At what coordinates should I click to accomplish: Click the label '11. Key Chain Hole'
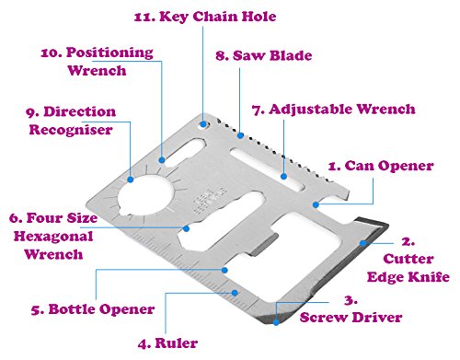205,17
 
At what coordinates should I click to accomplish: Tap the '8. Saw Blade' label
264,55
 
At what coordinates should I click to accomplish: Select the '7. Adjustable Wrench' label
333,110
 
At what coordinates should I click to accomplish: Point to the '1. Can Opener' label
381,167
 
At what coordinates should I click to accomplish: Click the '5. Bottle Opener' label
93,309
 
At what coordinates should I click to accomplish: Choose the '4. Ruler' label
167,343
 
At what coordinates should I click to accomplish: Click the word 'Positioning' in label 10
109,52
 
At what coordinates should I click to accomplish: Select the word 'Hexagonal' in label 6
53,237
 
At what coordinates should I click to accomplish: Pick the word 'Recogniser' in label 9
71,130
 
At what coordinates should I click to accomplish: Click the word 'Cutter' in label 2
408,259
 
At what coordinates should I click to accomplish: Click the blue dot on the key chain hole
203,124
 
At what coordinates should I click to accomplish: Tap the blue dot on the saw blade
240,135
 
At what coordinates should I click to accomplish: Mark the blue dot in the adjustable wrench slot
283,177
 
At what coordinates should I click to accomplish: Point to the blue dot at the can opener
316,204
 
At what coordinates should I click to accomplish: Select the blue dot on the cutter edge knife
362,243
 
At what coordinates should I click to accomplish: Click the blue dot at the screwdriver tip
276,322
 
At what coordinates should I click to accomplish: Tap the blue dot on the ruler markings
235,293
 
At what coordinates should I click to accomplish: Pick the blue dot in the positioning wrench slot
162,160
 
